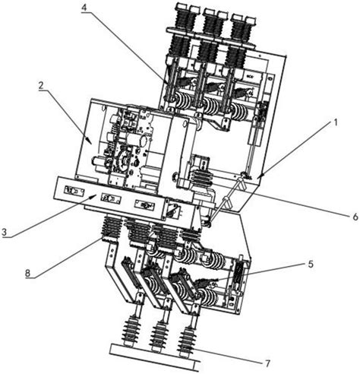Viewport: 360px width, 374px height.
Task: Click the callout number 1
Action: point(336,122)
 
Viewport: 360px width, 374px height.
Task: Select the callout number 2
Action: point(41,86)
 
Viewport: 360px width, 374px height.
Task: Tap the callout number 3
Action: point(5,232)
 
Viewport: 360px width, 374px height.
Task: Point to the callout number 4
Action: point(84,7)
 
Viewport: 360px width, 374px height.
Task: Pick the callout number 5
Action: point(311,264)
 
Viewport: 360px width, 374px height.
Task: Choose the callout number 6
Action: point(355,217)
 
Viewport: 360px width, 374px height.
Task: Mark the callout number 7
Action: point(267,363)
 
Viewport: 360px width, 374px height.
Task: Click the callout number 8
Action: point(27,273)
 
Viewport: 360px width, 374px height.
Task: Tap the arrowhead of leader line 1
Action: point(261,176)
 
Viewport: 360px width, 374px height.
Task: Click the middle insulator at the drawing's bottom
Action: point(159,337)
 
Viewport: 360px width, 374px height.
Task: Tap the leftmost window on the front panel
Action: point(74,191)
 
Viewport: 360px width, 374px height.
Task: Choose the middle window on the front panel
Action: point(110,198)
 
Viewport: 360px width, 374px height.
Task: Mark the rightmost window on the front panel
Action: point(145,204)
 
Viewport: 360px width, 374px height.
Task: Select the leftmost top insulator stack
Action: point(182,30)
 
